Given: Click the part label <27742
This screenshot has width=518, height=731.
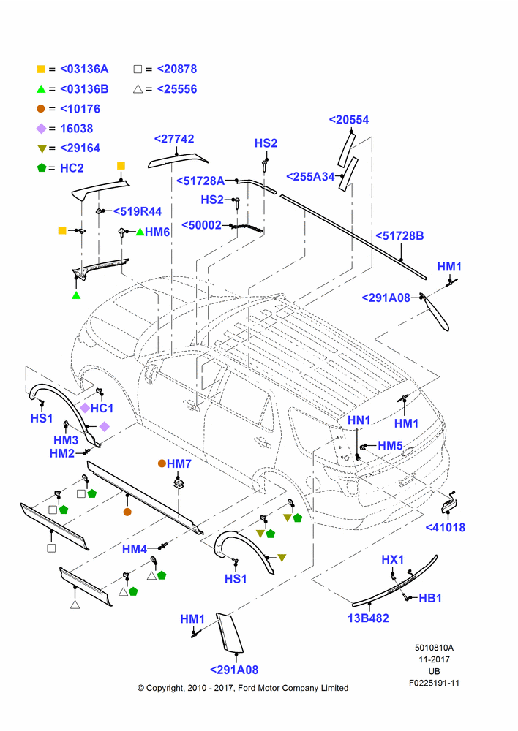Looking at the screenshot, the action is pyautogui.click(x=174, y=139).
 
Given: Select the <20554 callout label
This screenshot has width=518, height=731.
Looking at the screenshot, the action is pyautogui.click(x=348, y=120).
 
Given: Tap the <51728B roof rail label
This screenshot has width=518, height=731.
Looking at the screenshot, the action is pyautogui.click(x=399, y=236).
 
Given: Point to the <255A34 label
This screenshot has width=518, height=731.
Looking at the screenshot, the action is pyautogui.click(x=310, y=177).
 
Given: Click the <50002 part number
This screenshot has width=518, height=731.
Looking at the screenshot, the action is pyautogui.click(x=201, y=225).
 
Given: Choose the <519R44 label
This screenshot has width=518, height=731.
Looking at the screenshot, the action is pyautogui.click(x=138, y=212).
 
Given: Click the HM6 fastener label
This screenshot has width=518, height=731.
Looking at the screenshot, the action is pyautogui.click(x=157, y=232).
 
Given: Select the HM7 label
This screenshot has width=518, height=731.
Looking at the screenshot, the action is pyautogui.click(x=179, y=464).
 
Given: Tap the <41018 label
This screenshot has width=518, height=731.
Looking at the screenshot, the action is pyautogui.click(x=445, y=528).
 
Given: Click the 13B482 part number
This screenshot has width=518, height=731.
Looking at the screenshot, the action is pyautogui.click(x=368, y=618).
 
